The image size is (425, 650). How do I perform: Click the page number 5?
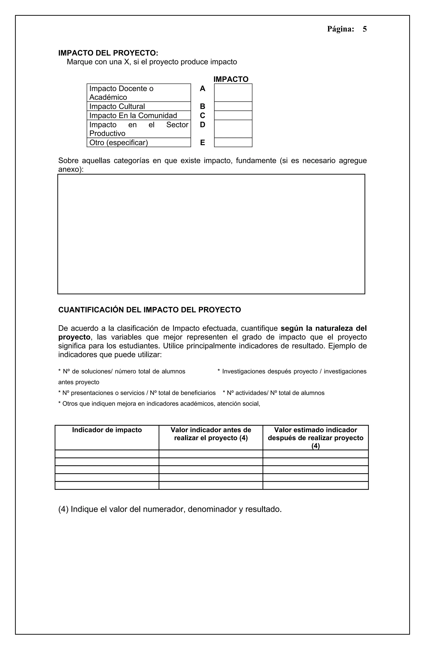tap(364, 29)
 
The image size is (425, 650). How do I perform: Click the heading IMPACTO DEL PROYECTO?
tap(108, 53)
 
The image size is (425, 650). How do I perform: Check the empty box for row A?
tap(233, 93)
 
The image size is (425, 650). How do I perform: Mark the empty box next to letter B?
tap(233, 106)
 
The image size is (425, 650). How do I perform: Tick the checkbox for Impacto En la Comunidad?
tap(233, 115)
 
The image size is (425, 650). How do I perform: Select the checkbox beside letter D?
tap(233, 129)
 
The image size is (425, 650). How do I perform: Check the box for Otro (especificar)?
tap(233, 142)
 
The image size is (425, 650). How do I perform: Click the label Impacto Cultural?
tap(117, 106)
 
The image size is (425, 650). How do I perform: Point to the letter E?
tap(202, 143)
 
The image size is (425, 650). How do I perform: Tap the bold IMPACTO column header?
tap(231, 79)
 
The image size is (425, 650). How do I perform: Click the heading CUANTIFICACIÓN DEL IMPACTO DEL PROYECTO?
tap(149, 310)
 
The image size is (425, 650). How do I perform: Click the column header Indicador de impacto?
tap(107, 430)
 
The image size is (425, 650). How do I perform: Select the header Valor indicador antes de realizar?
tap(211, 434)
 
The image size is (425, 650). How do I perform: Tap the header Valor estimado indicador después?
tap(315, 434)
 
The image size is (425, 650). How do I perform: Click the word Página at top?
tap(340, 29)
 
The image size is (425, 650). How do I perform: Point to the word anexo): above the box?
tap(71, 169)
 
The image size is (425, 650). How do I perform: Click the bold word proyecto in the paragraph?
tap(74, 337)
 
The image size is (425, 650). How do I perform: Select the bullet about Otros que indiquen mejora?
tap(159, 404)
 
